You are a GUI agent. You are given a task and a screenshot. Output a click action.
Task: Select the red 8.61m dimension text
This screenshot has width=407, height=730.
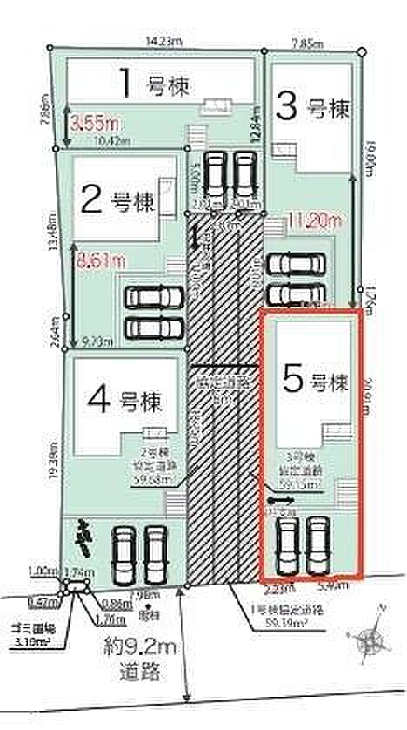click(101, 260)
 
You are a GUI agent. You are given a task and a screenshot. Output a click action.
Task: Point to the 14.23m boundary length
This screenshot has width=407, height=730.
click(163, 39)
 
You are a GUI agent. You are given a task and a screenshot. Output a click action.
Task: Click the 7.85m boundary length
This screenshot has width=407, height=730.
click(308, 42)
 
